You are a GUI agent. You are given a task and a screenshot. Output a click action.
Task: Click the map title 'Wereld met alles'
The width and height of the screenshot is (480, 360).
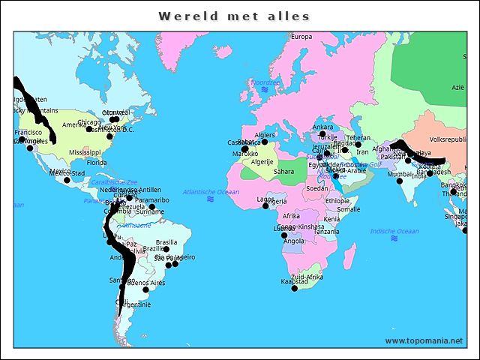(x=234, y=16)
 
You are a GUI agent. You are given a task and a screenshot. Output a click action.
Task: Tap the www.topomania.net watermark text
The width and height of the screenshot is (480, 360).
(x=424, y=340)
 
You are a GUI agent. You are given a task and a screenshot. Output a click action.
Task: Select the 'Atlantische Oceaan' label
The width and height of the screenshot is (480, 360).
(x=211, y=192)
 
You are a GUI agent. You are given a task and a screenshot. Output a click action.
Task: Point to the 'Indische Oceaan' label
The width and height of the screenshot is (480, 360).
(x=394, y=231)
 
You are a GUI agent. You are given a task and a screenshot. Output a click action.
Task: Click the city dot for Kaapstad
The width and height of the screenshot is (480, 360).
(x=294, y=288)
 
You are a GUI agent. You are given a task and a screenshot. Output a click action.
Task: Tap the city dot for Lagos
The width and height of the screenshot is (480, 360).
(x=265, y=205)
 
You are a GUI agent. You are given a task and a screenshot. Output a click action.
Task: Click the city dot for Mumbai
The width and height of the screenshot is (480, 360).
(x=400, y=181)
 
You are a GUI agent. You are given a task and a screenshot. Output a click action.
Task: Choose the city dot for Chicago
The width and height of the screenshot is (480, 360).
(x=89, y=129)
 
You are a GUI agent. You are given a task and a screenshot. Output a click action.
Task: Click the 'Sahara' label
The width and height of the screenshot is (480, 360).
(x=283, y=172)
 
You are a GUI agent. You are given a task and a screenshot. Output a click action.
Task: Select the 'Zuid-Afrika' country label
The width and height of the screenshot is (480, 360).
(x=307, y=277)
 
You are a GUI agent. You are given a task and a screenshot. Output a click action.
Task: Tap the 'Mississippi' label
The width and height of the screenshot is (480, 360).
(x=85, y=152)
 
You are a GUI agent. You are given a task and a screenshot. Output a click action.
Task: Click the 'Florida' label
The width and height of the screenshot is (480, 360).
(x=96, y=163)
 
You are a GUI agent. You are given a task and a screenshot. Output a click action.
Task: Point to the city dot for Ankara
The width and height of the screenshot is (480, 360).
(x=323, y=133)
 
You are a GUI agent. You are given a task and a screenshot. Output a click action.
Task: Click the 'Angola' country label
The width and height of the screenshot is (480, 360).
(x=293, y=241)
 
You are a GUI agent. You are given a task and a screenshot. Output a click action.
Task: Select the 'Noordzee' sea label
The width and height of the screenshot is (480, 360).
(x=264, y=82)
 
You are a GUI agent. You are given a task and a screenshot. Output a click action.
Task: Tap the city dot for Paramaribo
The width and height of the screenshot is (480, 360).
(x=152, y=207)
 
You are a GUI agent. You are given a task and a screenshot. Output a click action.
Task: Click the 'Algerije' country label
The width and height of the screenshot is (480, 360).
(x=262, y=162)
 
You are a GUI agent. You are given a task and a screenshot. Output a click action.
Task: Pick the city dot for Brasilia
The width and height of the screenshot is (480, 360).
(x=166, y=249)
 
